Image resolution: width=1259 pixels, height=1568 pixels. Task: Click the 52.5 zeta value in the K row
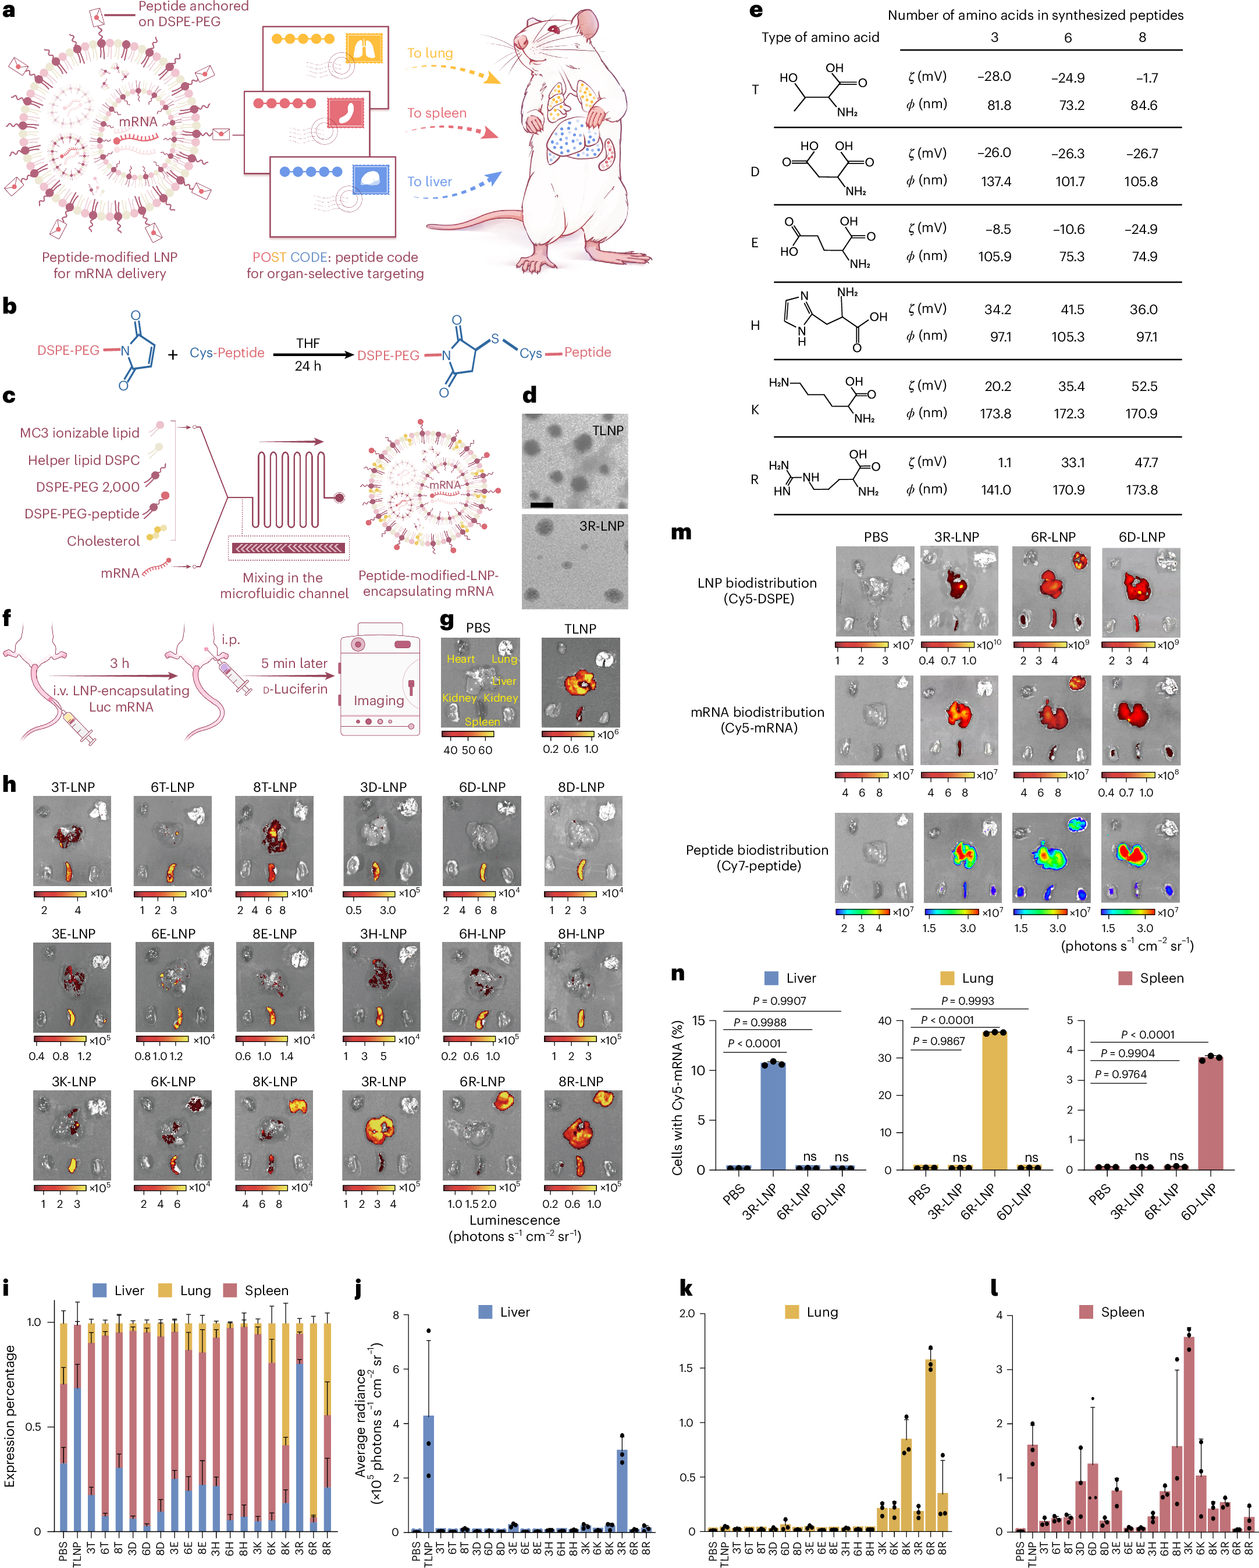coord(1143,386)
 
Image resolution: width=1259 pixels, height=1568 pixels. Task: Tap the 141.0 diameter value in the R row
coord(995,490)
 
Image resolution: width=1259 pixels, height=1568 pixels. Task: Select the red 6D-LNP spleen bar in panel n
coord(1210,1112)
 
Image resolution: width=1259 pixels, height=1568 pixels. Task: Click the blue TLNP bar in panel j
coord(428,1473)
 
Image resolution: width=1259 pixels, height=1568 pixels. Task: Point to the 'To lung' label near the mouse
coord(430,53)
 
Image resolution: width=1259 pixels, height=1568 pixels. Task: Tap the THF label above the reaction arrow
coord(308,343)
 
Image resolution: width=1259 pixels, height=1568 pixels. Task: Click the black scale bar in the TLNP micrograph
coord(541,504)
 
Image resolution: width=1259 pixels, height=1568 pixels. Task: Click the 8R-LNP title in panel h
coord(581,1082)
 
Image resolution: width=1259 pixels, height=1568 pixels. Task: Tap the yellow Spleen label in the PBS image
coord(482,721)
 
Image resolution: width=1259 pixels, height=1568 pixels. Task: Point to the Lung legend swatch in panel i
coord(165,1290)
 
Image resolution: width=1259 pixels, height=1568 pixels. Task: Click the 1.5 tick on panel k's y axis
coord(686,1368)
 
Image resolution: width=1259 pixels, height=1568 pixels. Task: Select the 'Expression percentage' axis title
coord(10,1415)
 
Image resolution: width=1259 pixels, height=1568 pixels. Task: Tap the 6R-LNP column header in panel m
coord(1052,536)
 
